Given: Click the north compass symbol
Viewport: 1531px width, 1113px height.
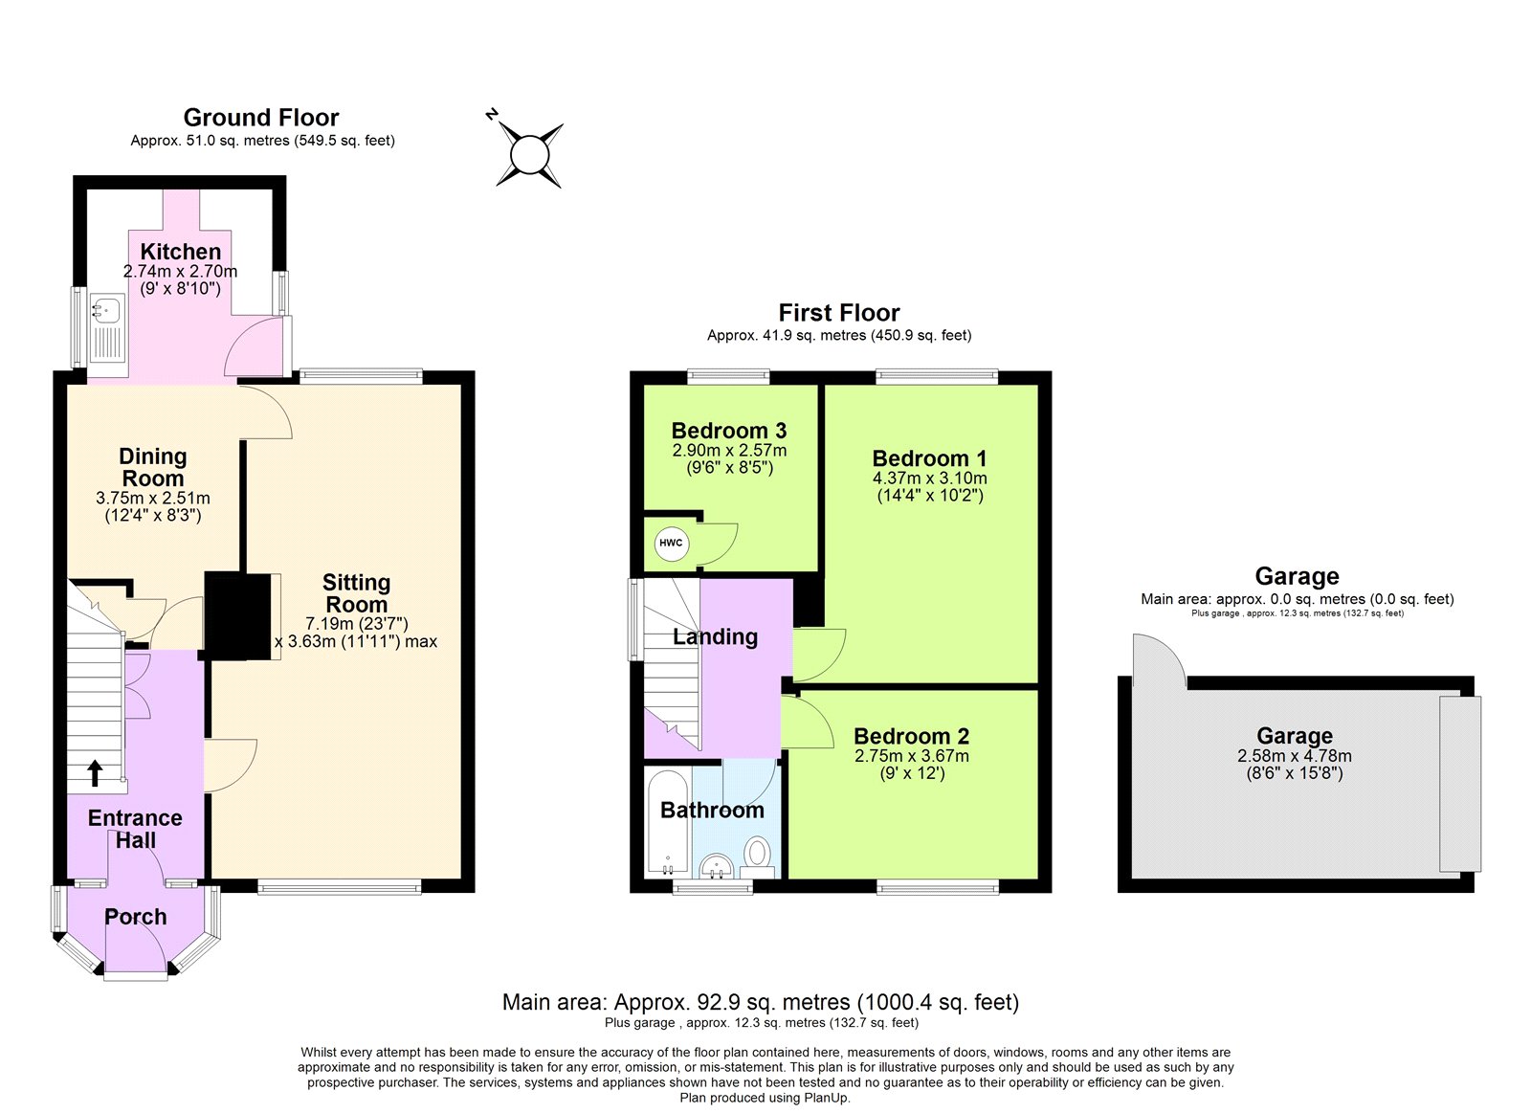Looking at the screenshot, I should [x=529, y=154].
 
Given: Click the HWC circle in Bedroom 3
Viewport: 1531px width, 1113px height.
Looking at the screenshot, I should [x=671, y=544].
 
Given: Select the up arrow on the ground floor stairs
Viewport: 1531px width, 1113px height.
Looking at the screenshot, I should [x=95, y=772].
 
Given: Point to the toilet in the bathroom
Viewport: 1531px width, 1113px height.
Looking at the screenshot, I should [x=758, y=854].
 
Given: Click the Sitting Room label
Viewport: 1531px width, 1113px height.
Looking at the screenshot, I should [x=356, y=593].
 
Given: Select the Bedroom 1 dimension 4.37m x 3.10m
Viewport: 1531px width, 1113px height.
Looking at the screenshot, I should [x=929, y=479].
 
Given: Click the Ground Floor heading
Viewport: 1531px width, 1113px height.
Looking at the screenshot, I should [x=261, y=118].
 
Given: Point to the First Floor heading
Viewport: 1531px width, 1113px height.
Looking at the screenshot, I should [x=839, y=313].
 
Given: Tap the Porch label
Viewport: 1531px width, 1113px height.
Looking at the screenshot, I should [x=135, y=917].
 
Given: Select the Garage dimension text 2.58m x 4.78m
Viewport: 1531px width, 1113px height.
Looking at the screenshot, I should [x=1294, y=756].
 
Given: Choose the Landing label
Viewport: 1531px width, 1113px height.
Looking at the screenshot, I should [x=715, y=637].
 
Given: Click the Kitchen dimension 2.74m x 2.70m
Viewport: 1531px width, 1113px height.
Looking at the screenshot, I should [x=180, y=272].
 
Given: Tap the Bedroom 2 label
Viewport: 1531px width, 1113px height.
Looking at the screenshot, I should [x=911, y=736].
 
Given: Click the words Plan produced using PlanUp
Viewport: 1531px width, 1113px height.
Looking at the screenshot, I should [x=765, y=1098].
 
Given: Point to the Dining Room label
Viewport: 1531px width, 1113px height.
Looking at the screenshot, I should [x=153, y=467].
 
